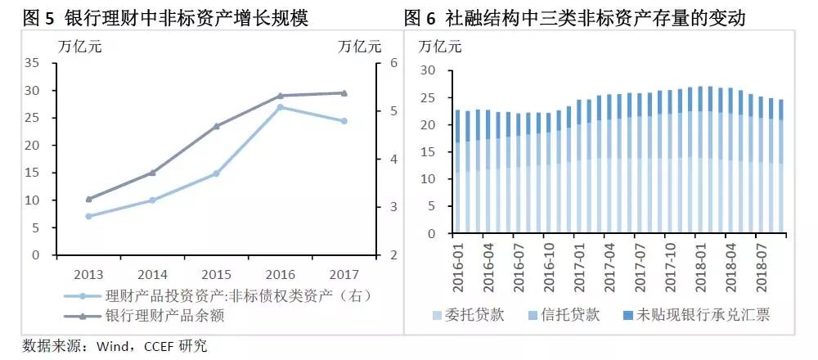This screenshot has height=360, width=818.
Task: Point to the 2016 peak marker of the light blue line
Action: coord(280,107)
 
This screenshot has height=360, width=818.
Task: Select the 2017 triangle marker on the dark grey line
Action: coord(344,93)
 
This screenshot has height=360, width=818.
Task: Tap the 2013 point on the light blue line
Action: coord(88,216)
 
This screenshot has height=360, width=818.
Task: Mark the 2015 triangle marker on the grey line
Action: coord(216,126)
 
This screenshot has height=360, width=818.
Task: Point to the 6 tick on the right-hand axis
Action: coord(393,63)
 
